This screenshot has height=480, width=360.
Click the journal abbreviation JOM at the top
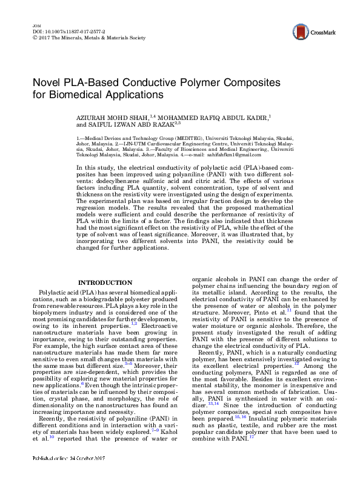tap(34, 26)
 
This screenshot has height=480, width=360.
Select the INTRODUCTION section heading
tap(105, 282)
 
